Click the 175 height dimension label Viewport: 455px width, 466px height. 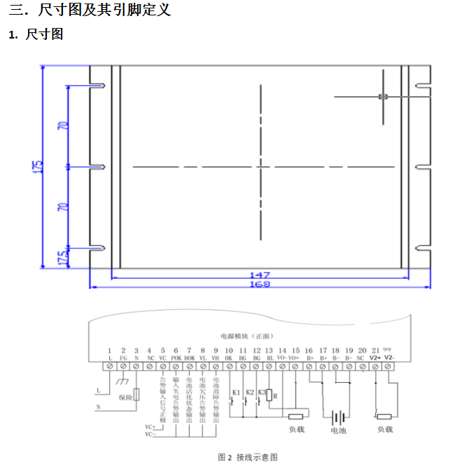(x=37, y=167)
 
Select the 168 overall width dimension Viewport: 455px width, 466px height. (x=260, y=284)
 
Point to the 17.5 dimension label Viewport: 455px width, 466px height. (x=62, y=257)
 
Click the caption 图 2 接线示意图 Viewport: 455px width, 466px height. (x=248, y=457)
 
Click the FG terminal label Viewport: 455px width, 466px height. (x=123, y=358)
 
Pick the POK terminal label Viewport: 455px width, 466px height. (x=176, y=358)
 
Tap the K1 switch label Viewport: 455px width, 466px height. (x=236, y=393)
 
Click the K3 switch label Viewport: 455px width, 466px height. (x=262, y=393)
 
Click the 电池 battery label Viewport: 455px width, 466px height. (x=339, y=431)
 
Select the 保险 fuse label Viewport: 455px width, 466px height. (x=125, y=397)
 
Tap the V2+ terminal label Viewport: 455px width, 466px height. (x=375, y=358)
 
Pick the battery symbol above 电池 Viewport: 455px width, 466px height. (x=339, y=417)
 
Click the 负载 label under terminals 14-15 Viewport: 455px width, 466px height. (x=296, y=429)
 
